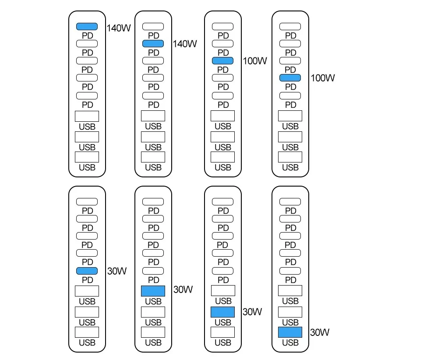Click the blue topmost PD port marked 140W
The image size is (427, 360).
coord(87,27)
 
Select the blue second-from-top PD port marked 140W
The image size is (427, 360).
coord(153,43)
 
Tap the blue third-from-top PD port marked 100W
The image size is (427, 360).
coord(222,61)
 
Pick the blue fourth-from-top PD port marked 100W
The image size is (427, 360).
coord(290,78)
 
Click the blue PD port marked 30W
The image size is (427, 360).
coord(87,271)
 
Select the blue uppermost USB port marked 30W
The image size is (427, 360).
coord(153,291)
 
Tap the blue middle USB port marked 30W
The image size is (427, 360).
coord(222,312)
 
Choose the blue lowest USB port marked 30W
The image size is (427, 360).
coord(290,332)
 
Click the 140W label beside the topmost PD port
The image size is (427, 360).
coord(119,28)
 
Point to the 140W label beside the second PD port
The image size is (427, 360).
coord(185,44)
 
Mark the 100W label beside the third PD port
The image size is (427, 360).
coord(254,61)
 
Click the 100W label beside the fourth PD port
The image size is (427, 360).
coord(323,78)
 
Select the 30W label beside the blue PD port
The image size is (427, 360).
coord(116,271)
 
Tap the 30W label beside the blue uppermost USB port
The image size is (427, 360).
coord(183,289)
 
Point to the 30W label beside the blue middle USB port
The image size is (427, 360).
coord(252,312)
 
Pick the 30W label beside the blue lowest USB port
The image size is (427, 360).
coord(320,332)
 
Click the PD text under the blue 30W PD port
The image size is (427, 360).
coord(87,280)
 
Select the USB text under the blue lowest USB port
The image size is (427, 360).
coord(290,342)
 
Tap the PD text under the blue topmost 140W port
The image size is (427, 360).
coord(87,35)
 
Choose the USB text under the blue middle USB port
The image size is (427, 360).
coord(222,322)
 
